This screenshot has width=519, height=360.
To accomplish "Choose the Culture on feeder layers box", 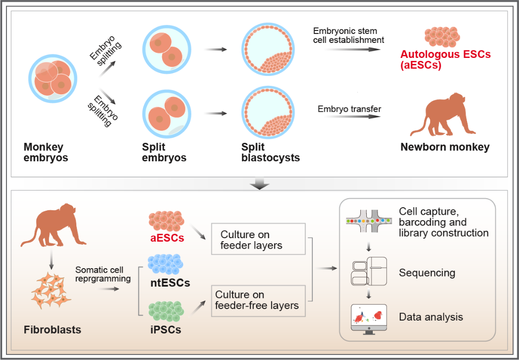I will pos(258,239).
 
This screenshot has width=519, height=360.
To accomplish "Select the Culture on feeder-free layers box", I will pos(258,300).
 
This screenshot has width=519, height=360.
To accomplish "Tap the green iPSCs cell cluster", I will pos(167,311).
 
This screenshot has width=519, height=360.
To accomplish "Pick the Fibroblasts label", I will pos(52,330).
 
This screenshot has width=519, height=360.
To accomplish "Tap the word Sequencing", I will pos(427,273).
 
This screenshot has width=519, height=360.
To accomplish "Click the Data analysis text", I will pos(431,317).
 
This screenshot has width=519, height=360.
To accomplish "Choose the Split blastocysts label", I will pos(270,152).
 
